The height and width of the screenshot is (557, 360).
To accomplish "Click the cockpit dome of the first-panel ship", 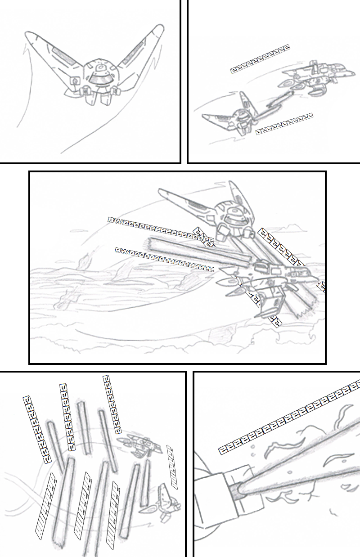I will pos(99,76).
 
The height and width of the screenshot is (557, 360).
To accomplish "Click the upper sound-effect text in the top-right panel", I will pos(260,58).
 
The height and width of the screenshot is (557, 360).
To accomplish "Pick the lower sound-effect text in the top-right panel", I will pos(284,124).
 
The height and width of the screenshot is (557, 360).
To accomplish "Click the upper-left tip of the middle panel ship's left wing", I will pos(161,191).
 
